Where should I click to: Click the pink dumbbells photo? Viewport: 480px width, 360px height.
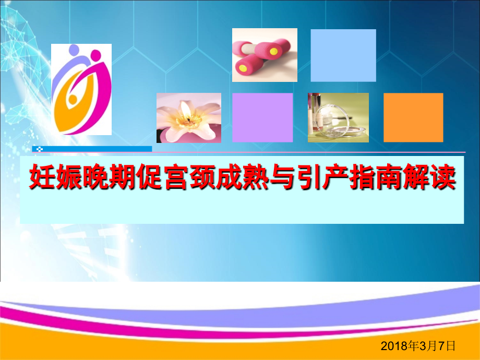(x=265, y=55)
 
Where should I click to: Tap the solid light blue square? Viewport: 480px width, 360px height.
(x=343, y=55)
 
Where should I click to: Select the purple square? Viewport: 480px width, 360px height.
(x=262, y=117)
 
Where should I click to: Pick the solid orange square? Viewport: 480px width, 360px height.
(x=413, y=117)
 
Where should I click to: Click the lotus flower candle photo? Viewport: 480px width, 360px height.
(x=188, y=117)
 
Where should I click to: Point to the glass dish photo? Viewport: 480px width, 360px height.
(x=338, y=117)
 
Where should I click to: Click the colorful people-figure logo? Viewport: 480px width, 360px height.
(x=81, y=89)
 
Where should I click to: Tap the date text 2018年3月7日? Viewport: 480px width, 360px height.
(x=418, y=345)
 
